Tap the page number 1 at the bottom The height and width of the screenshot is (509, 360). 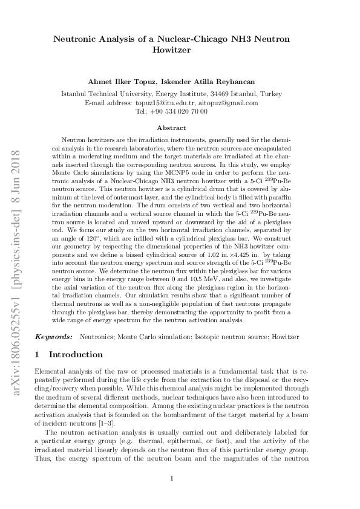click(x=172, y=479)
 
